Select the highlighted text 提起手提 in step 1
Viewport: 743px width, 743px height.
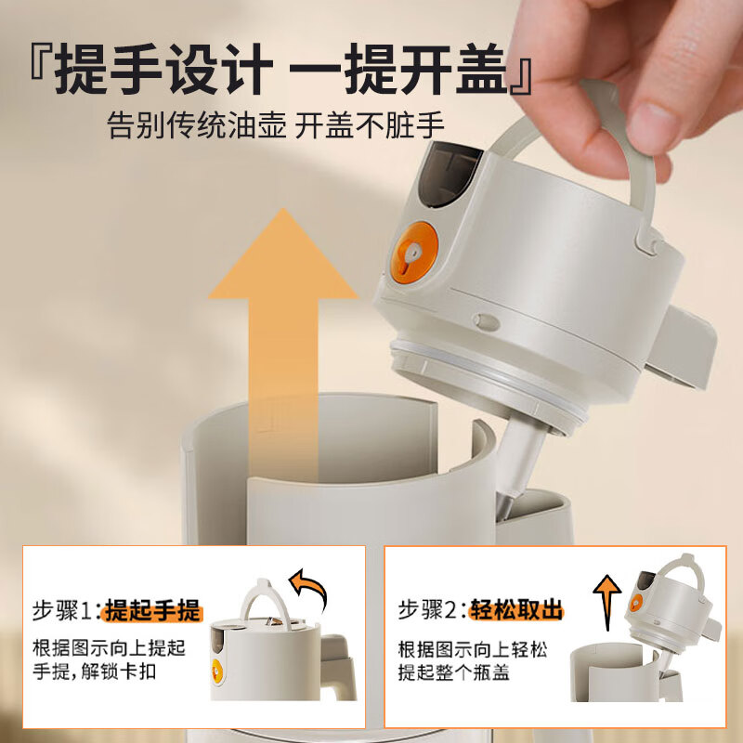(x=152, y=610)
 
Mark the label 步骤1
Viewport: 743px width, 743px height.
(x=65, y=610)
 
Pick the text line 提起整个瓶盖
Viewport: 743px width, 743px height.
(x=454, y=672)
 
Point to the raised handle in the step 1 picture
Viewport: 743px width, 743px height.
(x=263, y=599)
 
